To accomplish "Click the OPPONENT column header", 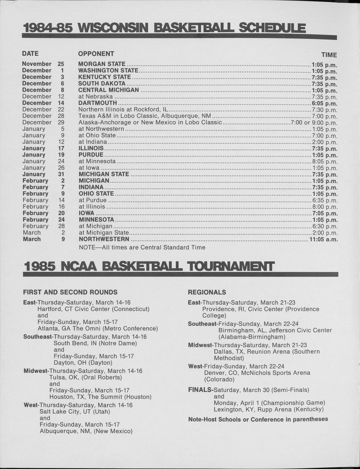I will [96, 54].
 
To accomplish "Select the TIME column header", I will [329, 55].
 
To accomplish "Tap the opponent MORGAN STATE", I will [102, 64].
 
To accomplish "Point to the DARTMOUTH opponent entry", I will [98, 103].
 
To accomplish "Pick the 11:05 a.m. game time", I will [323, 240].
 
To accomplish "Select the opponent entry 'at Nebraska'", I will [96, 97].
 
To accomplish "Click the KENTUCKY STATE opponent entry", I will [104, 77].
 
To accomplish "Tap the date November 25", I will [43, 64].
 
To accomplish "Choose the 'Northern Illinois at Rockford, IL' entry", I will [123, 109].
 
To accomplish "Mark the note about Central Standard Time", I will [142, 247].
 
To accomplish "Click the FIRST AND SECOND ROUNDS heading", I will [70, 292].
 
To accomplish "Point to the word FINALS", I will [200, 390].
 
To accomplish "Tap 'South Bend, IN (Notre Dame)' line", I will [95, 343].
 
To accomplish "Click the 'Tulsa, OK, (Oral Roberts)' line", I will [85, 377].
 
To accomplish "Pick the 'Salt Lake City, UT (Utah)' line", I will [75, 412].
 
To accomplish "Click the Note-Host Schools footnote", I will [258, 419].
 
